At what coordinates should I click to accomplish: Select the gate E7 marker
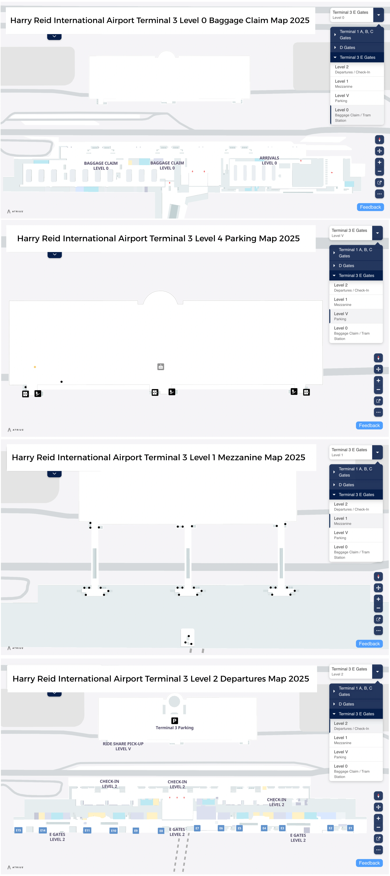197,828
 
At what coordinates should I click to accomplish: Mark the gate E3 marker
282,828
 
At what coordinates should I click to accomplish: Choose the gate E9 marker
136,830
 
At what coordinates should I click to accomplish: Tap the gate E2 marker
330,828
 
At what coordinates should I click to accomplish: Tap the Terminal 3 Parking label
175,728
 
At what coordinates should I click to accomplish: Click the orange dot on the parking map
35,367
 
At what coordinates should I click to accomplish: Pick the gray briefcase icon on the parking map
161,367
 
